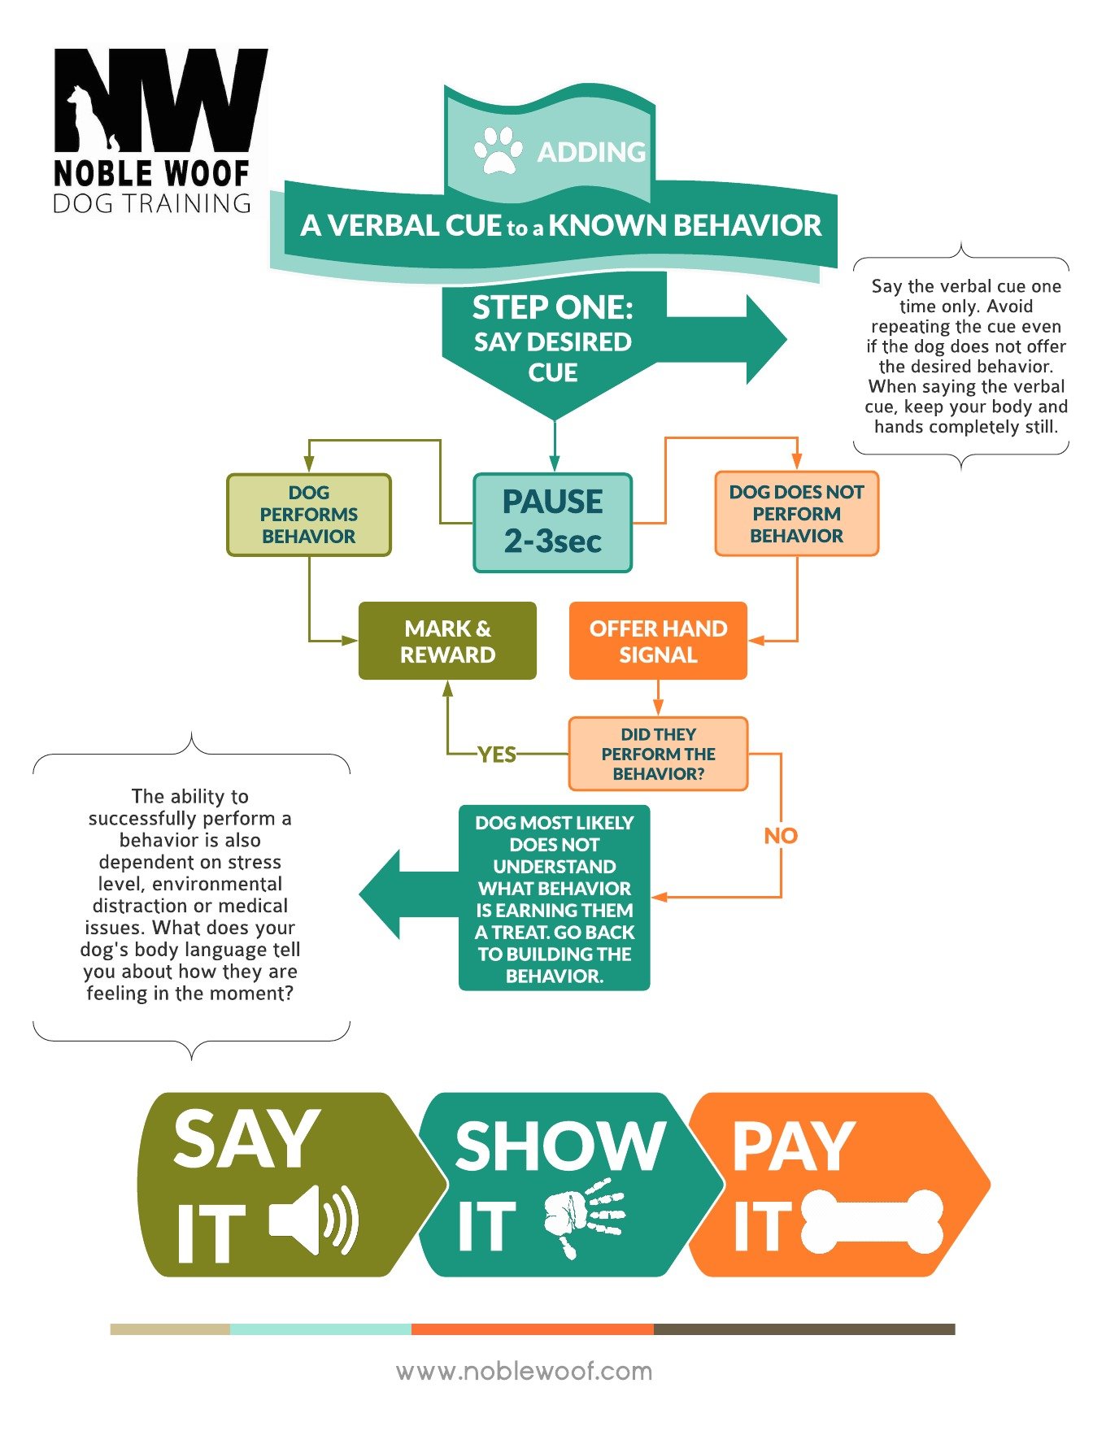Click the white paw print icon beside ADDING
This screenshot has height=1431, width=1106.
coord(499,150)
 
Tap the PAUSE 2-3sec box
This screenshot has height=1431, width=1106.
coord(553,522)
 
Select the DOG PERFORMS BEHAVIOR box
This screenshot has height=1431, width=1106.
coord(309,515)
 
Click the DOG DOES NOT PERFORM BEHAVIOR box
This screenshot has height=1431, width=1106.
coord(796,514)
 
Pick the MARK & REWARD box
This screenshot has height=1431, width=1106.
coord(447,641)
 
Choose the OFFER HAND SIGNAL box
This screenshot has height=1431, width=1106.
coord(658,641)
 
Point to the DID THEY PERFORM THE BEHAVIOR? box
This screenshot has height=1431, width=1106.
coord(658,754)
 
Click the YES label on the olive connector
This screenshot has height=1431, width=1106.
coord(496,755)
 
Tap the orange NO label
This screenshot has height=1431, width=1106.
coord(781,836)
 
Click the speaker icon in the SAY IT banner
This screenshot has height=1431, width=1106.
coord(314,1219)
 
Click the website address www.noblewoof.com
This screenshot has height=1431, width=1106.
coord(525,1372)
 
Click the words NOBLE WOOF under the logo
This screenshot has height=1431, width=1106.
coord(151,173)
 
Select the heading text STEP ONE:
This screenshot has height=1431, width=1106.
coord(553,308)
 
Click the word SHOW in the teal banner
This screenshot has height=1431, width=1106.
coord(560,1146)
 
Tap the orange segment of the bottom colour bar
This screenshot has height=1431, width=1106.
coord(533,1329)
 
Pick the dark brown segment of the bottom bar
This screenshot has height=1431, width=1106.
coord(804,1329)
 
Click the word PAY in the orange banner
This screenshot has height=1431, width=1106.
coord(794,1146)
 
